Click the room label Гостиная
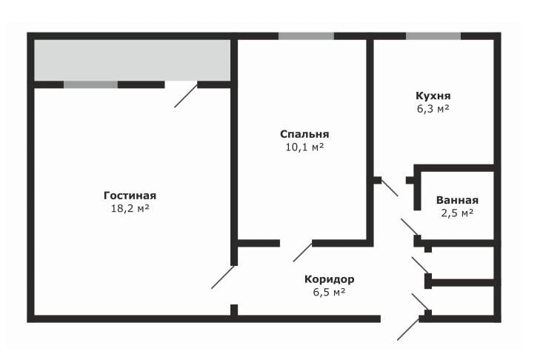pos(130,196)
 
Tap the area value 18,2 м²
pos(130,208)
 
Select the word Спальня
pos(304,134)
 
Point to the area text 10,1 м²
pos(304,147)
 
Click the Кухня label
pos(433,96)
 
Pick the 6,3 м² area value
pos(433,108)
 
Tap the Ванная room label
pos(457,200)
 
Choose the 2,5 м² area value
pos(457,213)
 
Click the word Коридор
pos(329,279)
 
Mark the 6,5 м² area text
pos(329,292)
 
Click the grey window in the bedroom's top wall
pos(306,36)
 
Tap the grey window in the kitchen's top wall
pos(433,36)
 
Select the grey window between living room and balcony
pos(90,84)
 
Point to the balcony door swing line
pos(186,96)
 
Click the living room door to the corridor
pos(222,277)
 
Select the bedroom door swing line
pos(302,252)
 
